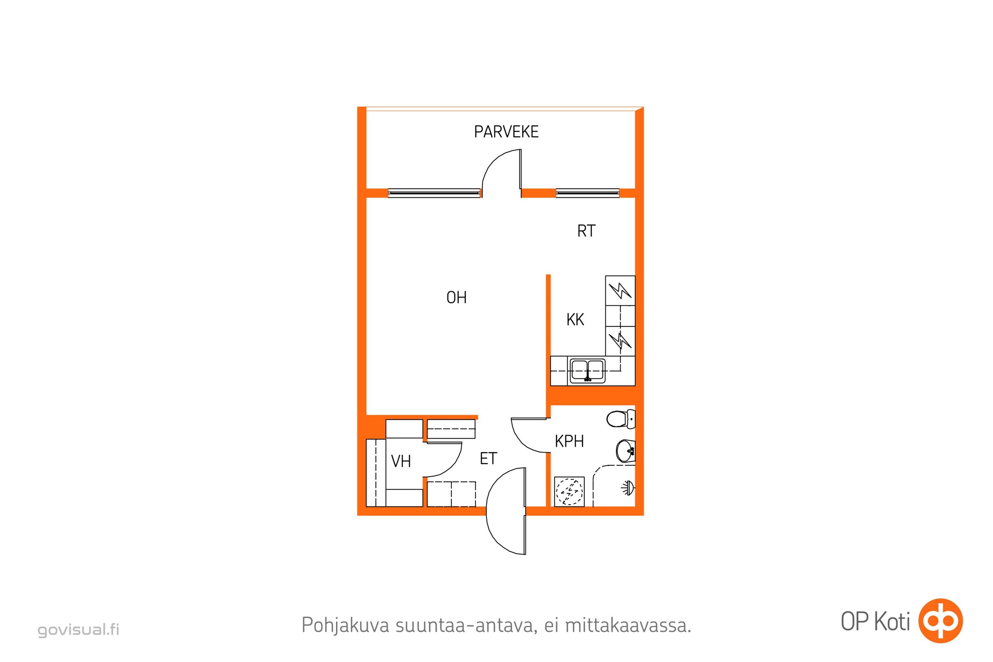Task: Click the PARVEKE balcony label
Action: tap(506, 132)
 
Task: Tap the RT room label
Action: tap(586, 231)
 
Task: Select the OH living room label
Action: tap(456, 297)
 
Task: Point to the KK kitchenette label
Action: tap(575, 319)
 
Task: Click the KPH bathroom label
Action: tap(569, 441)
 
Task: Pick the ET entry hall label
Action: tap(489, 458)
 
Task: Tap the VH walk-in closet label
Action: tap(401, 461)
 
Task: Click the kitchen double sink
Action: tap(587, 370)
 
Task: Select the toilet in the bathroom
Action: tap(621, 419)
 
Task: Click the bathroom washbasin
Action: tap(626, 451)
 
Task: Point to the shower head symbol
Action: tap(628, 488)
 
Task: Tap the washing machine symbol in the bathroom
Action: tap(569, 492)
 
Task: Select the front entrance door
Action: tap(506, 511)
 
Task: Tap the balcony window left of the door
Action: tap(434, 193)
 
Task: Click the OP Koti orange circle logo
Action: tap(940, 621)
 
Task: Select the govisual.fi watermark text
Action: tap(79, 630)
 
